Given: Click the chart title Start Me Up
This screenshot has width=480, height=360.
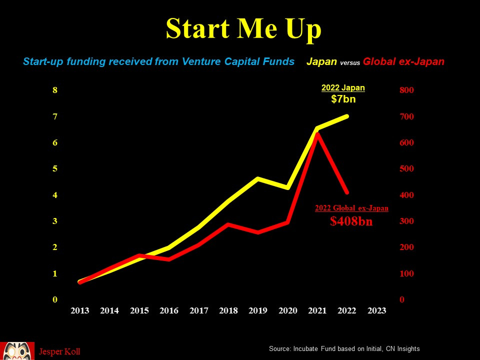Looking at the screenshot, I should pyautogui.click(x=243, y=28).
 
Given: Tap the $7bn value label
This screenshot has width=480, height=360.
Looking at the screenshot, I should pyautogui.click(x=343, y=99).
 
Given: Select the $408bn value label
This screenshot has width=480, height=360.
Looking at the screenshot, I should pyautogui.click(x=351, y=221).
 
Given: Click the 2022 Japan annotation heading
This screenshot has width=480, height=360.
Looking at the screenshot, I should pyautogui.click(x=343, y=88).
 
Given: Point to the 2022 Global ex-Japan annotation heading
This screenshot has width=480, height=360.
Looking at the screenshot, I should pyautogui.click(x=351, y=208).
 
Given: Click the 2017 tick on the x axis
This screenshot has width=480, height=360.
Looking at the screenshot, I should pyautogui.click(x=198, y=310).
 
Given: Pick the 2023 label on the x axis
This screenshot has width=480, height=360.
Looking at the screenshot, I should pyautogui.click(x=376, y=310).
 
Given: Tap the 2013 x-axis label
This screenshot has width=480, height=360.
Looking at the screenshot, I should pyautogui.click(x=80, y=310).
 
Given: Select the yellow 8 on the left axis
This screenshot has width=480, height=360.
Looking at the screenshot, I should pyautogui.click(x=55, y=90).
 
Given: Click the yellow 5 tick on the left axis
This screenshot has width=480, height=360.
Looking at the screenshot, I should pyautogui.click(x=55, y=169).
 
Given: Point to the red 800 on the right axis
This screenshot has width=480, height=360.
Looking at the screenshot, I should pyautogui.click(x=406, y=90).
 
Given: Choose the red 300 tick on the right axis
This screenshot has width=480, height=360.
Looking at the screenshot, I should pyautogui.click(x=406, y=221).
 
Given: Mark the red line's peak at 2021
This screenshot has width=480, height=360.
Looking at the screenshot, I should pyautogui.click(x=317, y=134).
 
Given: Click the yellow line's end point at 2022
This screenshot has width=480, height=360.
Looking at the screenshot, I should pyautogui.click(x=347, y=116).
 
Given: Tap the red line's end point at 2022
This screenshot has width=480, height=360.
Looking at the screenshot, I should pyautogui.click(x=346, y=192).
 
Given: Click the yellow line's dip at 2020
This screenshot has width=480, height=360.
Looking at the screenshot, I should pyautogui.click(x=287, y=187).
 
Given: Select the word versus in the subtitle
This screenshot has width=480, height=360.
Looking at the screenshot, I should pyautogui.click(x=349, y=63).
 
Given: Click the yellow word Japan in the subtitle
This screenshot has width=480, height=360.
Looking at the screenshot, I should pyautogui.click(x=321, y=62).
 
